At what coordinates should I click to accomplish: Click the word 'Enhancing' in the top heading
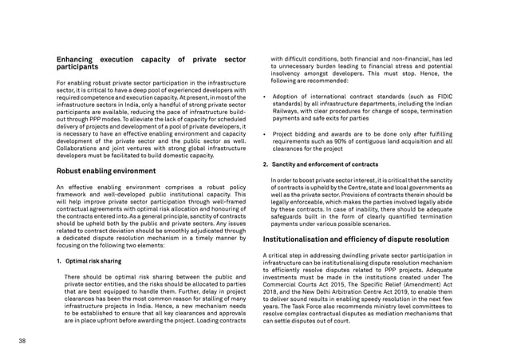tap(77, 58)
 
